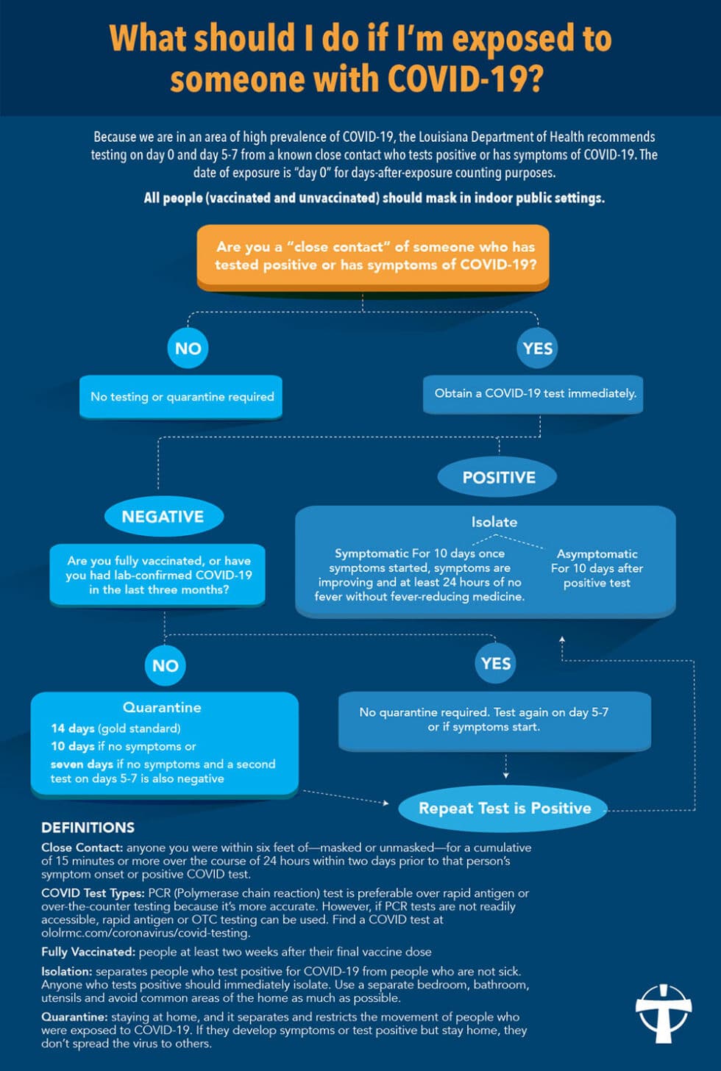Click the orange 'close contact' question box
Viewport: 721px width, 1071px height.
coord(373,256)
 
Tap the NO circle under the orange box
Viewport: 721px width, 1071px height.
coord(188,348)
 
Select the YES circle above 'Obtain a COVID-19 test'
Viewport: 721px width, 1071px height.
coord(537,348)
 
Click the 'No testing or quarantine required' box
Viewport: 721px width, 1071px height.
coord(182,397)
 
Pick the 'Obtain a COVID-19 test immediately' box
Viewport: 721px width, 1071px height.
coord(535,394)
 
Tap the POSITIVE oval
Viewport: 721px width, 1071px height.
coord(498,477)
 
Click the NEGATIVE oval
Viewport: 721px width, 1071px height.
coord(163,517)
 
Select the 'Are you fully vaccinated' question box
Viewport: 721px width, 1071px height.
coord(158,575)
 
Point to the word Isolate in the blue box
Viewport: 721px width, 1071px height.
coord(494,522)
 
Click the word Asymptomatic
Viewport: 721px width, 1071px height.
coord(597,554)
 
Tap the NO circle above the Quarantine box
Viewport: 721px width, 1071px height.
coord(165,666)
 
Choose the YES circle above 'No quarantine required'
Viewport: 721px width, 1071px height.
coord(495,664)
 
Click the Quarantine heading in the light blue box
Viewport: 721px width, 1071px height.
coord(162,707)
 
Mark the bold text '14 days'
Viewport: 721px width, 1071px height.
coord(72,728)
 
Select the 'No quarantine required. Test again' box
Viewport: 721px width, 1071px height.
coord(494,720)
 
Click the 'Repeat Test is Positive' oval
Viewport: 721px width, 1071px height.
coord(505,809)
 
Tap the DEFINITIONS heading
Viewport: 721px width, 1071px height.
coord(88,828)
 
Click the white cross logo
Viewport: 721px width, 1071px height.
coord(664,1013)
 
